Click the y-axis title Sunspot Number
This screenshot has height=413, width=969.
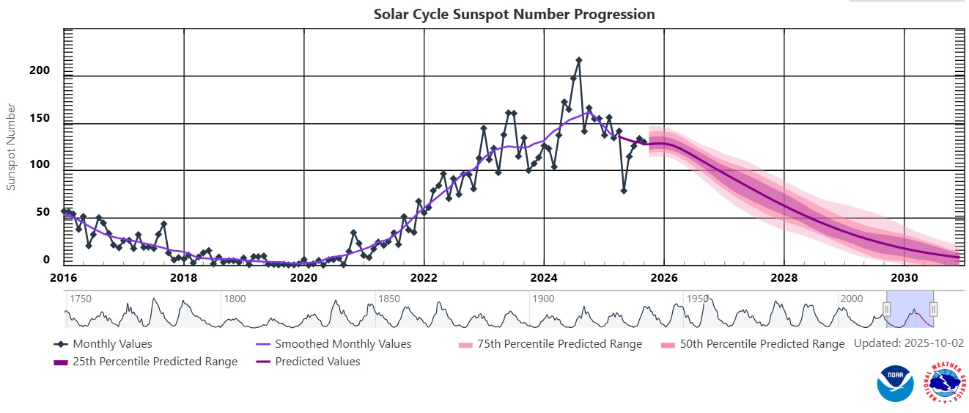click(x=11, y=147)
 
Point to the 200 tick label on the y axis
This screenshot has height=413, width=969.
click(x=40, y=70)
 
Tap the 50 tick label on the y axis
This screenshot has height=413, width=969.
click(x=43, y=212)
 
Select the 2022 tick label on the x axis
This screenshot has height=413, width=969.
click(x=424, y=278)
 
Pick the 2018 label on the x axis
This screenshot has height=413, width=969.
click(x=183, y=278)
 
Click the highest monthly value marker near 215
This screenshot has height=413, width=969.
click(x=578, y=60)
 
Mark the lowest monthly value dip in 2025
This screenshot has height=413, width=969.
click(x=624, y=191)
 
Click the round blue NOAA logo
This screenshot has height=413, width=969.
click(x=895, y=384)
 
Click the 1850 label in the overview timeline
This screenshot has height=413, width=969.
click(x=388, y=299)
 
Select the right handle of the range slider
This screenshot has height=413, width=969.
click(x=933, y=310)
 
